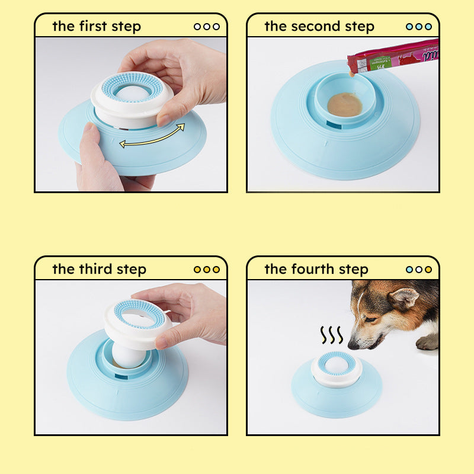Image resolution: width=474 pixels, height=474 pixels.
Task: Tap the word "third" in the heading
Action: pyautogui.click(x=98, y=269)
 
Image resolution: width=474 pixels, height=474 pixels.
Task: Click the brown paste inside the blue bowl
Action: pyautogui.click(x=344, y=104)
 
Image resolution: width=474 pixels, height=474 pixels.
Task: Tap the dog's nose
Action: pyautogui.click(x=353, y=344)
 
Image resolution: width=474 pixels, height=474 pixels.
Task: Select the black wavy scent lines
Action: pyautogui.click(x=331, y=335)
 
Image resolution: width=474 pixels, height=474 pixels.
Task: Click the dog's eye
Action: pyautogui.click(x=371, y=319)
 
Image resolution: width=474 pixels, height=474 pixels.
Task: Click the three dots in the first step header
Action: pyautogui.click(x=207, y=27)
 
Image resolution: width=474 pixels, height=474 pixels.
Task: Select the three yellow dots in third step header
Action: pyautogui.click(x=207, y=269)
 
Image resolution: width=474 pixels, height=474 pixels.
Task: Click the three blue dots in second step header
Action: pyautogui.click(x=419, y=27)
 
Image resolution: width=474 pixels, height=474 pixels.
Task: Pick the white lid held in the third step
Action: pyautogui.click(x=137, y=324)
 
